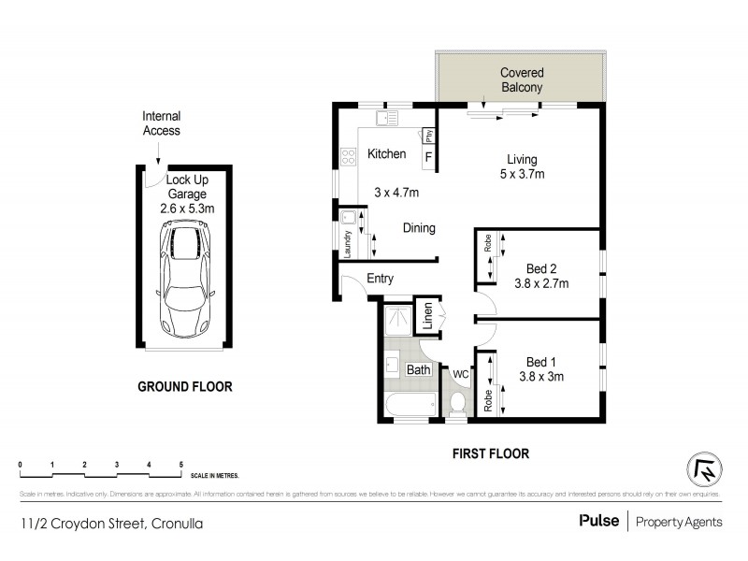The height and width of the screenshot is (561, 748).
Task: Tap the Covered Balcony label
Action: pyautogui.click(x=521, y=79)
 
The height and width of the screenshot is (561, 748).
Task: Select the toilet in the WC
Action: pyautogui.click(x=458, y=402)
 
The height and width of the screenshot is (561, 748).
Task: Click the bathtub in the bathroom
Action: pyautogui.click(x=410, y=405)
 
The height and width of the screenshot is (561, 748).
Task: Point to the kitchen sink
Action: pyautogui.click(x=385, y=118)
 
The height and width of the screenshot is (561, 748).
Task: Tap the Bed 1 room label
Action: pyautogui.click(x=540, y=362)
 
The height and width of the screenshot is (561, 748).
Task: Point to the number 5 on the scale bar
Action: pyautogui.click(x=180, y=465)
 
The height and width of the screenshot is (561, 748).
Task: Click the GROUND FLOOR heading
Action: pyautogui.click(x=184, y=386)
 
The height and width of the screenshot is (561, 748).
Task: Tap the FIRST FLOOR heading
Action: pyautogui.click(x=490, y=453)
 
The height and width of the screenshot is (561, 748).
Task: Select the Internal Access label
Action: pyautogui.click(x=161, y=123)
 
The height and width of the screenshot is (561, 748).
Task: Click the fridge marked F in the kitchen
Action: pyautogui.click(x=428, y=156)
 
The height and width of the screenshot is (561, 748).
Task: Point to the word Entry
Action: pyautogui.click(x=380, y=278)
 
